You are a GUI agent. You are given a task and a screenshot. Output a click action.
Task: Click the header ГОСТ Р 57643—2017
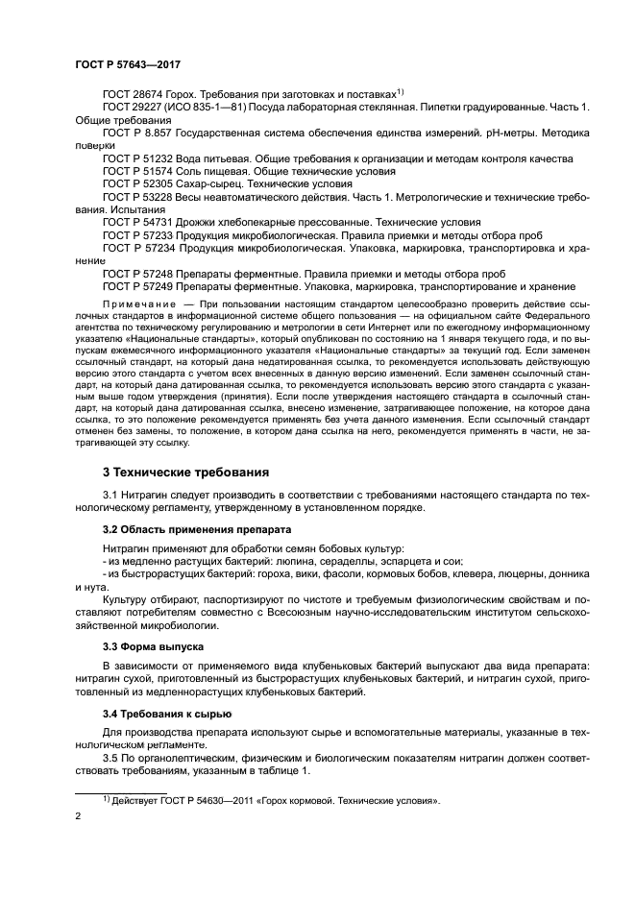coord(127,63)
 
